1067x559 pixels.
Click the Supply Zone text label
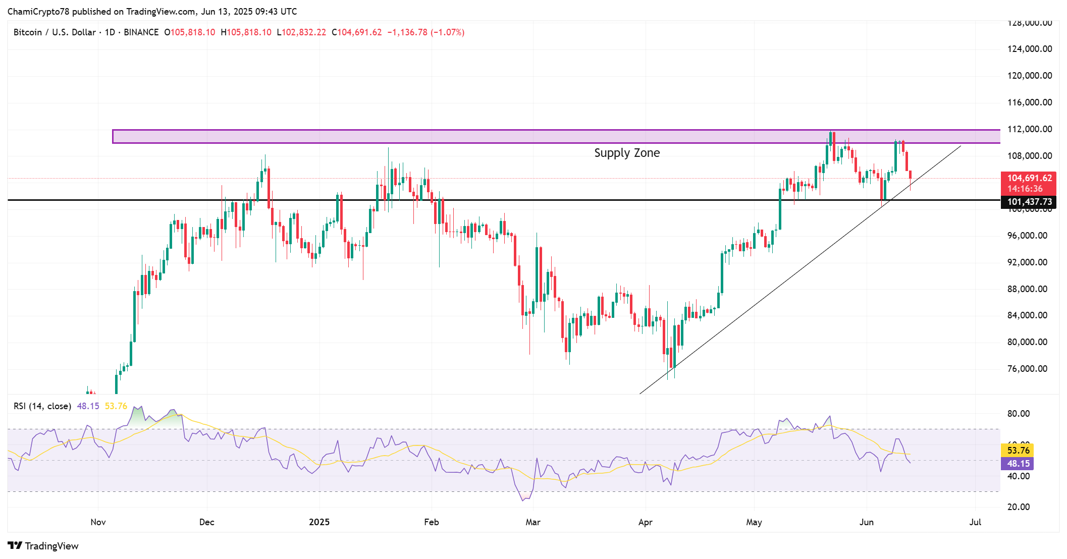click(626, 153)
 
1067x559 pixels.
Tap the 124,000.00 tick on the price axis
click(1030, 49)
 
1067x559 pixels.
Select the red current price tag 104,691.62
click(1029, 178)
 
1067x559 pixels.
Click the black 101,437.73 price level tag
click(1029, 202)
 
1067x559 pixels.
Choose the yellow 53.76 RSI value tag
click(1018, 451)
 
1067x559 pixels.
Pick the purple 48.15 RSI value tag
click(1018, 464)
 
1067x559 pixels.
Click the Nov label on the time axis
click(98, 522)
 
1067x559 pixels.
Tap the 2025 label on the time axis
click(319, 522)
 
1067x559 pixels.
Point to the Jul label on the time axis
click(975, 522)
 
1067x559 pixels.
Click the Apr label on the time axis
click(645, 522)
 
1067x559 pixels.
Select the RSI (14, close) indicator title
click(42, 406)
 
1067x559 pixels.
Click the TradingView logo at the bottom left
click(43, 546)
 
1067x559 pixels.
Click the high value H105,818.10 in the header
click(246, 32)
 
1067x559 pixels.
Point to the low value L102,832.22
click(301, 32)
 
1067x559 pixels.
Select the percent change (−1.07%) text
click(447, 32)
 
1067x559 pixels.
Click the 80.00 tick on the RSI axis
click(1019, 414)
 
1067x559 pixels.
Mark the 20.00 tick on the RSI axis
click(1019, 507)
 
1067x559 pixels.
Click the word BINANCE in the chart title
click(141, 32)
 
